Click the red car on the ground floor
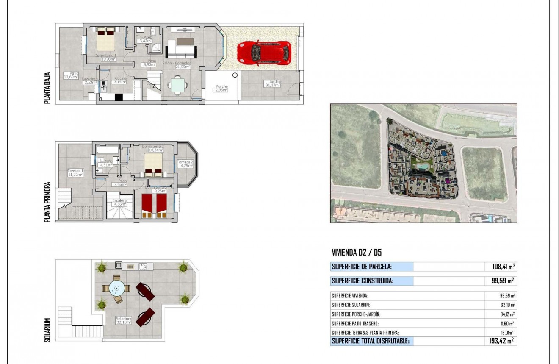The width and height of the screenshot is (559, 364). tap(264, 53)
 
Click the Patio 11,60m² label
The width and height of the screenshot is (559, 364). tap(71, 75)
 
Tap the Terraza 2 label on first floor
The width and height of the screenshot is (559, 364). tap(185, 164)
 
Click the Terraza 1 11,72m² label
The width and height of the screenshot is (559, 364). tap(75, 173)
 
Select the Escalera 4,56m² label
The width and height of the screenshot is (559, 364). tap(119, 202)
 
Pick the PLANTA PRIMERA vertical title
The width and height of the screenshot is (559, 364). tap(48, 202)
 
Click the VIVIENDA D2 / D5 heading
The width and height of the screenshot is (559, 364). tap(357, 253)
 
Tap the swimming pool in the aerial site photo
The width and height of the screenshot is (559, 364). tap(421, 167)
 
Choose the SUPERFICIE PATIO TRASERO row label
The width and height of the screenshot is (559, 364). tap(355, 323)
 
